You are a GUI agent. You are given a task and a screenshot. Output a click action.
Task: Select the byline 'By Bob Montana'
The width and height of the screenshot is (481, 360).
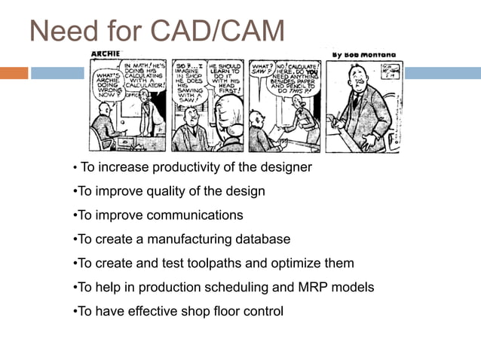(x=364, y=54)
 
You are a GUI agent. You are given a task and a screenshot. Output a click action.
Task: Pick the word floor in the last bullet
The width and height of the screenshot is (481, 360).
(x=206, y=311)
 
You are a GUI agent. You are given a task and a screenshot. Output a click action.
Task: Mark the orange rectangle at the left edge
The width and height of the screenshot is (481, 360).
(x=14, y=73)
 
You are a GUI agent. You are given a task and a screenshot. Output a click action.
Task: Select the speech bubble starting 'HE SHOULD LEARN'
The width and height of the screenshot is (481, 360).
(x=224, y=77)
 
